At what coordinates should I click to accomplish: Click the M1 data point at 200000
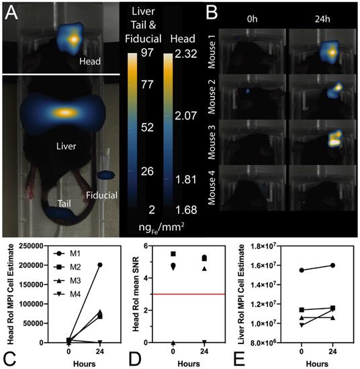click(99, 265)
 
